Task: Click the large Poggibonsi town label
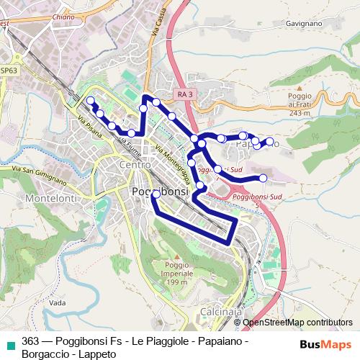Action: point(161,192)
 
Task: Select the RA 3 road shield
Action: point(185,94)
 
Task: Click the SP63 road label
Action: point(9,71)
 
